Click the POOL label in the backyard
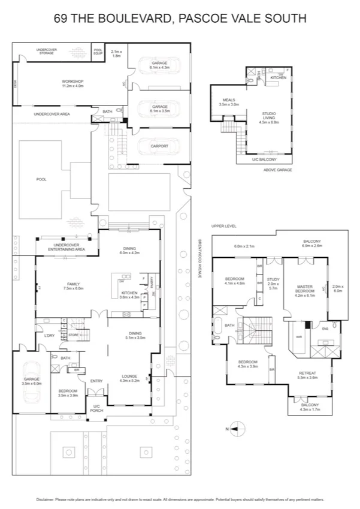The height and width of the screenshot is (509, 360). (41, 179)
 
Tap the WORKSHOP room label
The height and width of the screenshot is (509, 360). (72, 82)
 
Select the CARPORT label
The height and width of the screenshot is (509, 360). (159, 146)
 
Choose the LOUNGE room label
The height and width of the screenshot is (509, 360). (130, 377)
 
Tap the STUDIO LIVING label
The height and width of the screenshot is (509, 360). (269, 116)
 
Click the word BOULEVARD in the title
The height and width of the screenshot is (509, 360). (121, 18)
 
